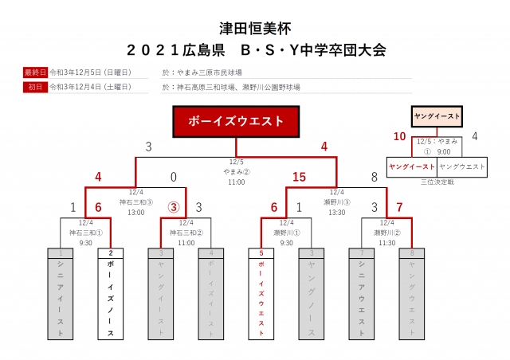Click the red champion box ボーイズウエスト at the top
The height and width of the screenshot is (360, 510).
[x=236, y=121]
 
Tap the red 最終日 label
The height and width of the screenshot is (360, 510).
[x=36, y=72]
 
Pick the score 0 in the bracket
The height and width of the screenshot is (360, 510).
[x=173, y=177]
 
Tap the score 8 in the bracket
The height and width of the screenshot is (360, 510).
[x=374, y=177]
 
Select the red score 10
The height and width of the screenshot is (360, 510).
[x=399, y=136]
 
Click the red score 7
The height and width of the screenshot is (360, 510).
[x=400, y=207]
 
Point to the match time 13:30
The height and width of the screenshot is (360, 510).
[x=336, y=213]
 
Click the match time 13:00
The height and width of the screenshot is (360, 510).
[x=135, y=213]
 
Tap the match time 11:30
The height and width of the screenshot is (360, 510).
[x=386, y=242]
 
